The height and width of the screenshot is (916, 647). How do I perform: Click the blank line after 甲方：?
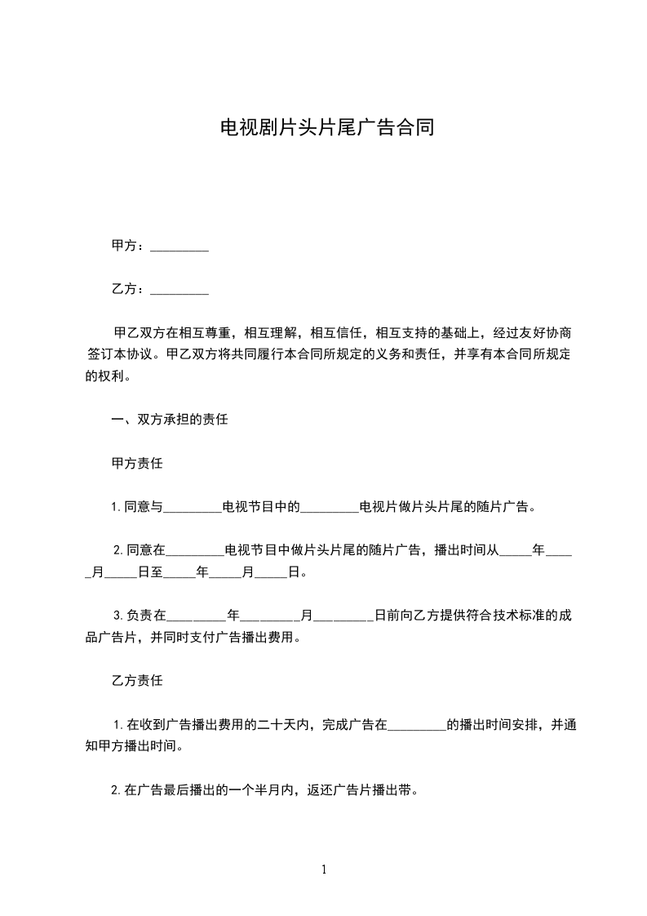tap(179, 247)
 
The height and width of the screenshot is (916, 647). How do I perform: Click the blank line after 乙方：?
tap(179, 290)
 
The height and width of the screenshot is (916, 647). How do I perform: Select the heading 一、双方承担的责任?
tap(170, 420)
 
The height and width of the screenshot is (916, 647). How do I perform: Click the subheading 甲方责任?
tap(136, 464)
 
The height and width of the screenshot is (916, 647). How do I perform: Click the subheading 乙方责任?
tap(136, 680)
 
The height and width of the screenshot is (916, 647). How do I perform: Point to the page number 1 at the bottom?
tap(324, 870)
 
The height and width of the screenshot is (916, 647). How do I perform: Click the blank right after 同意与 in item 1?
tap(193, 508)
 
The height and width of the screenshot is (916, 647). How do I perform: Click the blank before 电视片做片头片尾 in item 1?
tap(330, 508)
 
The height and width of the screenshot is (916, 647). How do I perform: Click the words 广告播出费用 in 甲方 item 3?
tap(262, 637)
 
